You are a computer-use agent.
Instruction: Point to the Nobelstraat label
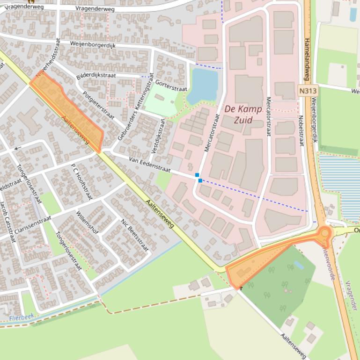click(x=301, y=130)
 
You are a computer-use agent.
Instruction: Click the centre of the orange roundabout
click(x=324, y=232)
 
